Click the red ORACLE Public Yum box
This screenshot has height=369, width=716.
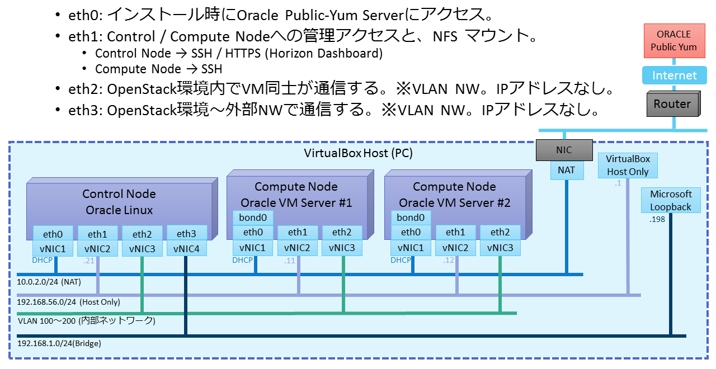click(x=673, y=40)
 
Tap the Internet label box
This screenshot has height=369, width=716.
click(x=674, y=75)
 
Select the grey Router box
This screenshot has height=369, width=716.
click(x=672, y=105)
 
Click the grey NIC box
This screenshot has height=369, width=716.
click(x=563, y=150)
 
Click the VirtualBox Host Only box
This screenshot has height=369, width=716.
click(x=628, y=165)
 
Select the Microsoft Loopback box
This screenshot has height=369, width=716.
click(x=671, y=200)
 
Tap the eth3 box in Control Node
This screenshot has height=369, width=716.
click(x=186, y=233)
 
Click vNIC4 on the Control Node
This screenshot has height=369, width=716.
click(x=186, y=249)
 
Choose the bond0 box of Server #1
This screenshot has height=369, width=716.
click(x=253, y=217)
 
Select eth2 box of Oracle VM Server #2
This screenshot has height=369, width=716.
click(x=500, y=232)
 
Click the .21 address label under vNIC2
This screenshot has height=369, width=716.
click(x=88, y=261)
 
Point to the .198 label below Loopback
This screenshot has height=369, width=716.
click(x=657, y=220)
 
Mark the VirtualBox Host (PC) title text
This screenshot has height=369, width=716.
click(x=358, y=153)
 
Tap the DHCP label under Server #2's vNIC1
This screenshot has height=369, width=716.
click(x=401, y=260)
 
